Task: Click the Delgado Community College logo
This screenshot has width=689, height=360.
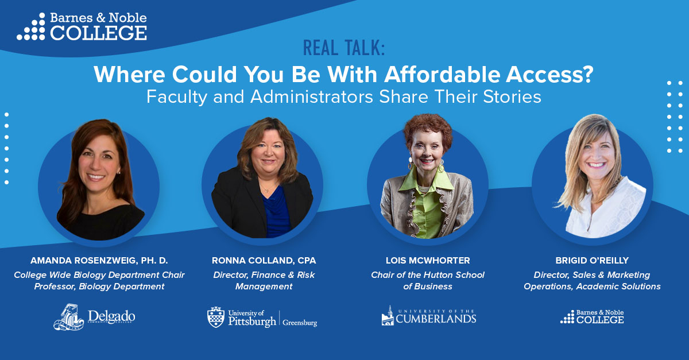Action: tap(94, 317)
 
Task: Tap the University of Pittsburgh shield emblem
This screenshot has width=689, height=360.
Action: tap(216, 317)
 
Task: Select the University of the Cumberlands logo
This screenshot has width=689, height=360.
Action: tap(429, 316)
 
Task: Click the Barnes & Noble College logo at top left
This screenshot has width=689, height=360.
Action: tap(82, 26)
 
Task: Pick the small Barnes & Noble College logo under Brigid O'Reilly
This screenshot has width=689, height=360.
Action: tap(592, 316)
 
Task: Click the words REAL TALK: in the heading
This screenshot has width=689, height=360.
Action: tap(344, 48)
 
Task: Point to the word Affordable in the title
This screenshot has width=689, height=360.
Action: tap(442, 75)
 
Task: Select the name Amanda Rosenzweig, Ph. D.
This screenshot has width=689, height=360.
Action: tap(99, 261)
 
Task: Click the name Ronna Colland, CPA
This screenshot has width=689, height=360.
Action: tap(264, 261)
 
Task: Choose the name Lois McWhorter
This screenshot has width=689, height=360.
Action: tap(428, 261)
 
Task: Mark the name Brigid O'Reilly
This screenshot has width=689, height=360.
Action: tap(592, 261)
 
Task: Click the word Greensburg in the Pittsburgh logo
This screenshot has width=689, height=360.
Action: tap(300, 323)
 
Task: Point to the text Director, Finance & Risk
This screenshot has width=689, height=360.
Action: tap(264, 275)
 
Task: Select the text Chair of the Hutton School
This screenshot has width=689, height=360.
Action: tap(428, 275)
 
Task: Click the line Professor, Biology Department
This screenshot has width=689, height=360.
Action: tap(99, 287)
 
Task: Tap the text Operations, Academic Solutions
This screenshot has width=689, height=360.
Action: tap(592, 287)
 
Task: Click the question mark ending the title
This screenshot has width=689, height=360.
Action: tap(587, 75)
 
